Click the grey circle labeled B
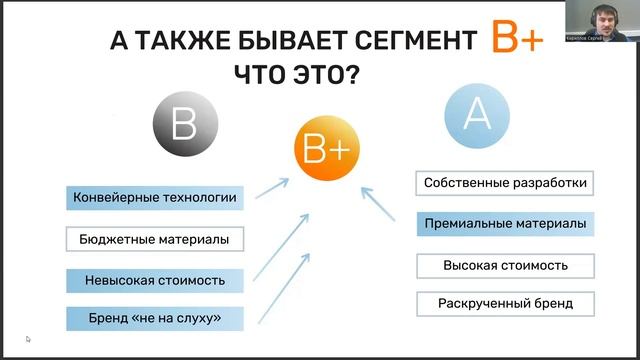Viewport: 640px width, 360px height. [x=185, y=127]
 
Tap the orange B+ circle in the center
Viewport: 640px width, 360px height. [x=325, y=149]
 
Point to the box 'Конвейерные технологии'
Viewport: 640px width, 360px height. [x=155, y=198]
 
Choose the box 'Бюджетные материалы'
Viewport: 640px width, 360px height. [x=155, y=239]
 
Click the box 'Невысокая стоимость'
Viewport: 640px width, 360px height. [x=155, y=279]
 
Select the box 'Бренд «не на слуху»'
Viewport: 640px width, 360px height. [x=155, y=319]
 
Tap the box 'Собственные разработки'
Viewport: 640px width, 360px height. [x=505, y=184]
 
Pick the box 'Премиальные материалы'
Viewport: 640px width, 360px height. [x=505, y=225]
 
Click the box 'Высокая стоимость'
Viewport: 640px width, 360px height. [x=505, y=265]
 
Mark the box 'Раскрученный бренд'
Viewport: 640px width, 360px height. [x=505, y=303]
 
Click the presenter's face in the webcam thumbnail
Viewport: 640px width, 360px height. [x=603, y=17]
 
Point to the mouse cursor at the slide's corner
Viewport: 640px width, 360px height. [x=28, y=339]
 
